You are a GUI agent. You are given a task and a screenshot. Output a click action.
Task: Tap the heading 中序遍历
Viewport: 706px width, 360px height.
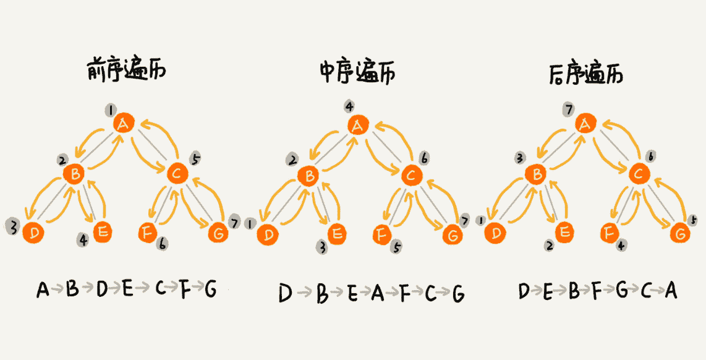click(x=357, y=73)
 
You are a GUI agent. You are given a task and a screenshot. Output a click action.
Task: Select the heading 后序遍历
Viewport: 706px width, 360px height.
click(x=585, y=75)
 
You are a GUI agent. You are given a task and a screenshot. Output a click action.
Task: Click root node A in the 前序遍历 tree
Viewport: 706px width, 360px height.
click(x=124, y=124)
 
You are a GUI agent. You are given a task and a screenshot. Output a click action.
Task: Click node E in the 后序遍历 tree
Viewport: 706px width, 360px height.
click(x=564, y=233)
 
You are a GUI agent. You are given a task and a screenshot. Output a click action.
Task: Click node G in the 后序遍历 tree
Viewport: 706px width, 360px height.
click(x=679, y=234)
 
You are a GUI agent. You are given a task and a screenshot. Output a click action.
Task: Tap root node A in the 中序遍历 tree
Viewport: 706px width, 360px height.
click(x=357, y=126)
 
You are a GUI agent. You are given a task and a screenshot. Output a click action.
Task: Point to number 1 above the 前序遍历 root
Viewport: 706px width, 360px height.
click(x=111, y=110)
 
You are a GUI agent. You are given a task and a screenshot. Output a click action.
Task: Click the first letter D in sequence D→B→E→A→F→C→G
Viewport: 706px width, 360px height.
click(x=285, y=293)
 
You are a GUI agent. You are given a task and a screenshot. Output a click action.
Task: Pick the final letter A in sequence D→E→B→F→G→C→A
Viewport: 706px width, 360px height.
click(x=671, y=291)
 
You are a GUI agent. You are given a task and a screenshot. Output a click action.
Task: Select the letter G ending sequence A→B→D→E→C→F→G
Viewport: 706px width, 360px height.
click(x=210, y=289)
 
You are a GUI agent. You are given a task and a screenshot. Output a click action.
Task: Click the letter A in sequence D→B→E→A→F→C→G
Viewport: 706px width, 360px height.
click(x=377, y=294)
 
